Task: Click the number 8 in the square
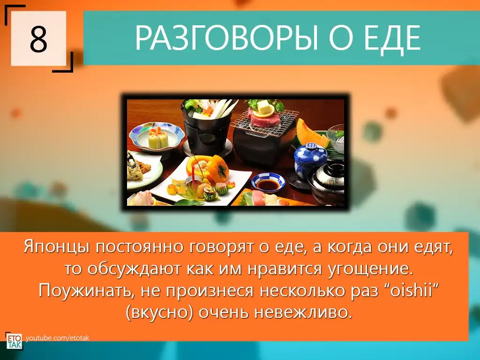click(38, 39)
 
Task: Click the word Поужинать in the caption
click(87, 291)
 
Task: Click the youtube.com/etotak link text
click(57, 338)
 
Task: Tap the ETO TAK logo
click(14, 340)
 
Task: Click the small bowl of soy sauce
click(268, 182)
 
